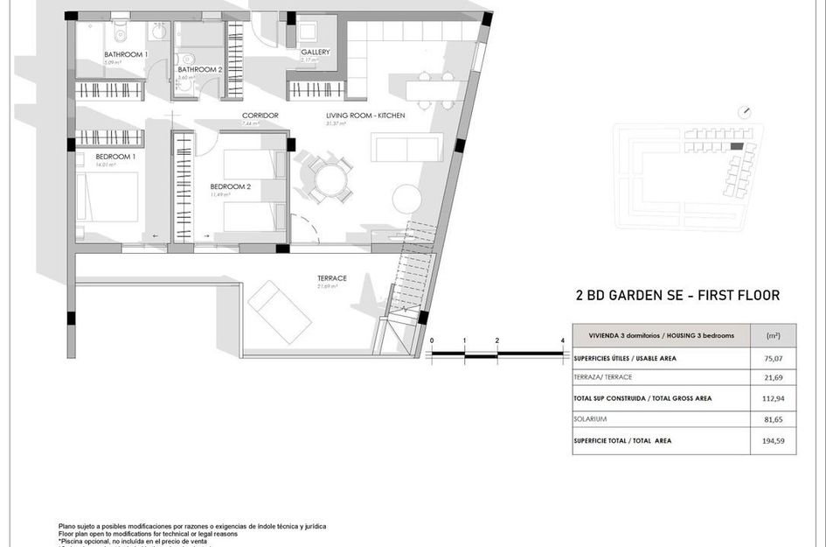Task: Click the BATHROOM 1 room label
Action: pyautogui.click(x=126, y=55)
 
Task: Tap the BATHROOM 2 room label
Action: pyautogui.click(x=200, y=69)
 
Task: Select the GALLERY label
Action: pyautogui.click(x=316, y=52)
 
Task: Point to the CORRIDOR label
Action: pyautogui.click(x=260, y=116)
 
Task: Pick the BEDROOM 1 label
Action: pyautogui.click(x=115, y=157)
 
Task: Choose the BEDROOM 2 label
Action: pyautogui.click(x=231, y=186)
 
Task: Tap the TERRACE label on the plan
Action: pyautogui.click(x=332, y=278)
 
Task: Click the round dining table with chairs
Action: pyautogui.click(x=331, y=181)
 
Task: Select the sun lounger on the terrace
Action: pyautogui.click(x=280, y=310)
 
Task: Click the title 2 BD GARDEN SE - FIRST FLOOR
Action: pyautogui.click(x=677, y=296)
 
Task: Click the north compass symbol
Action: pyautogui.click(x=745, y=112)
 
